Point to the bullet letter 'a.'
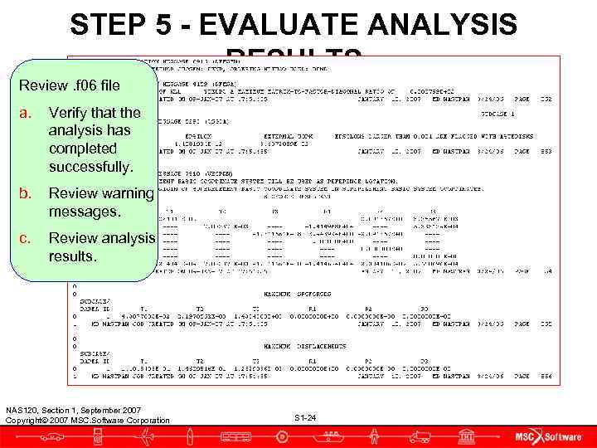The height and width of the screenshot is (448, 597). click(x=27, y=112)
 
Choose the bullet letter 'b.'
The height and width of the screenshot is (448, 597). click(x=27, y=194)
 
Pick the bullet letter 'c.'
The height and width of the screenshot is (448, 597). click(x=27, y=239)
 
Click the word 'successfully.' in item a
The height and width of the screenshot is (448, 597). click(x=90, y=167)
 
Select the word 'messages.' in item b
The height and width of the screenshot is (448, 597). click(x=84, y=212)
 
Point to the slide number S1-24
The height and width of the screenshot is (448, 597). click(x=305, y=417)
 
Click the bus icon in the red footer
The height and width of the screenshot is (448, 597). click(x=238, y=436)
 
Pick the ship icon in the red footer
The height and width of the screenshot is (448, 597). click(x=332, y=435)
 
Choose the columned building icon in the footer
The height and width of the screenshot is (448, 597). click(x=467, y=436)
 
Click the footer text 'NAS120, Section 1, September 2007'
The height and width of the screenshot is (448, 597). click(x=73, y=410)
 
